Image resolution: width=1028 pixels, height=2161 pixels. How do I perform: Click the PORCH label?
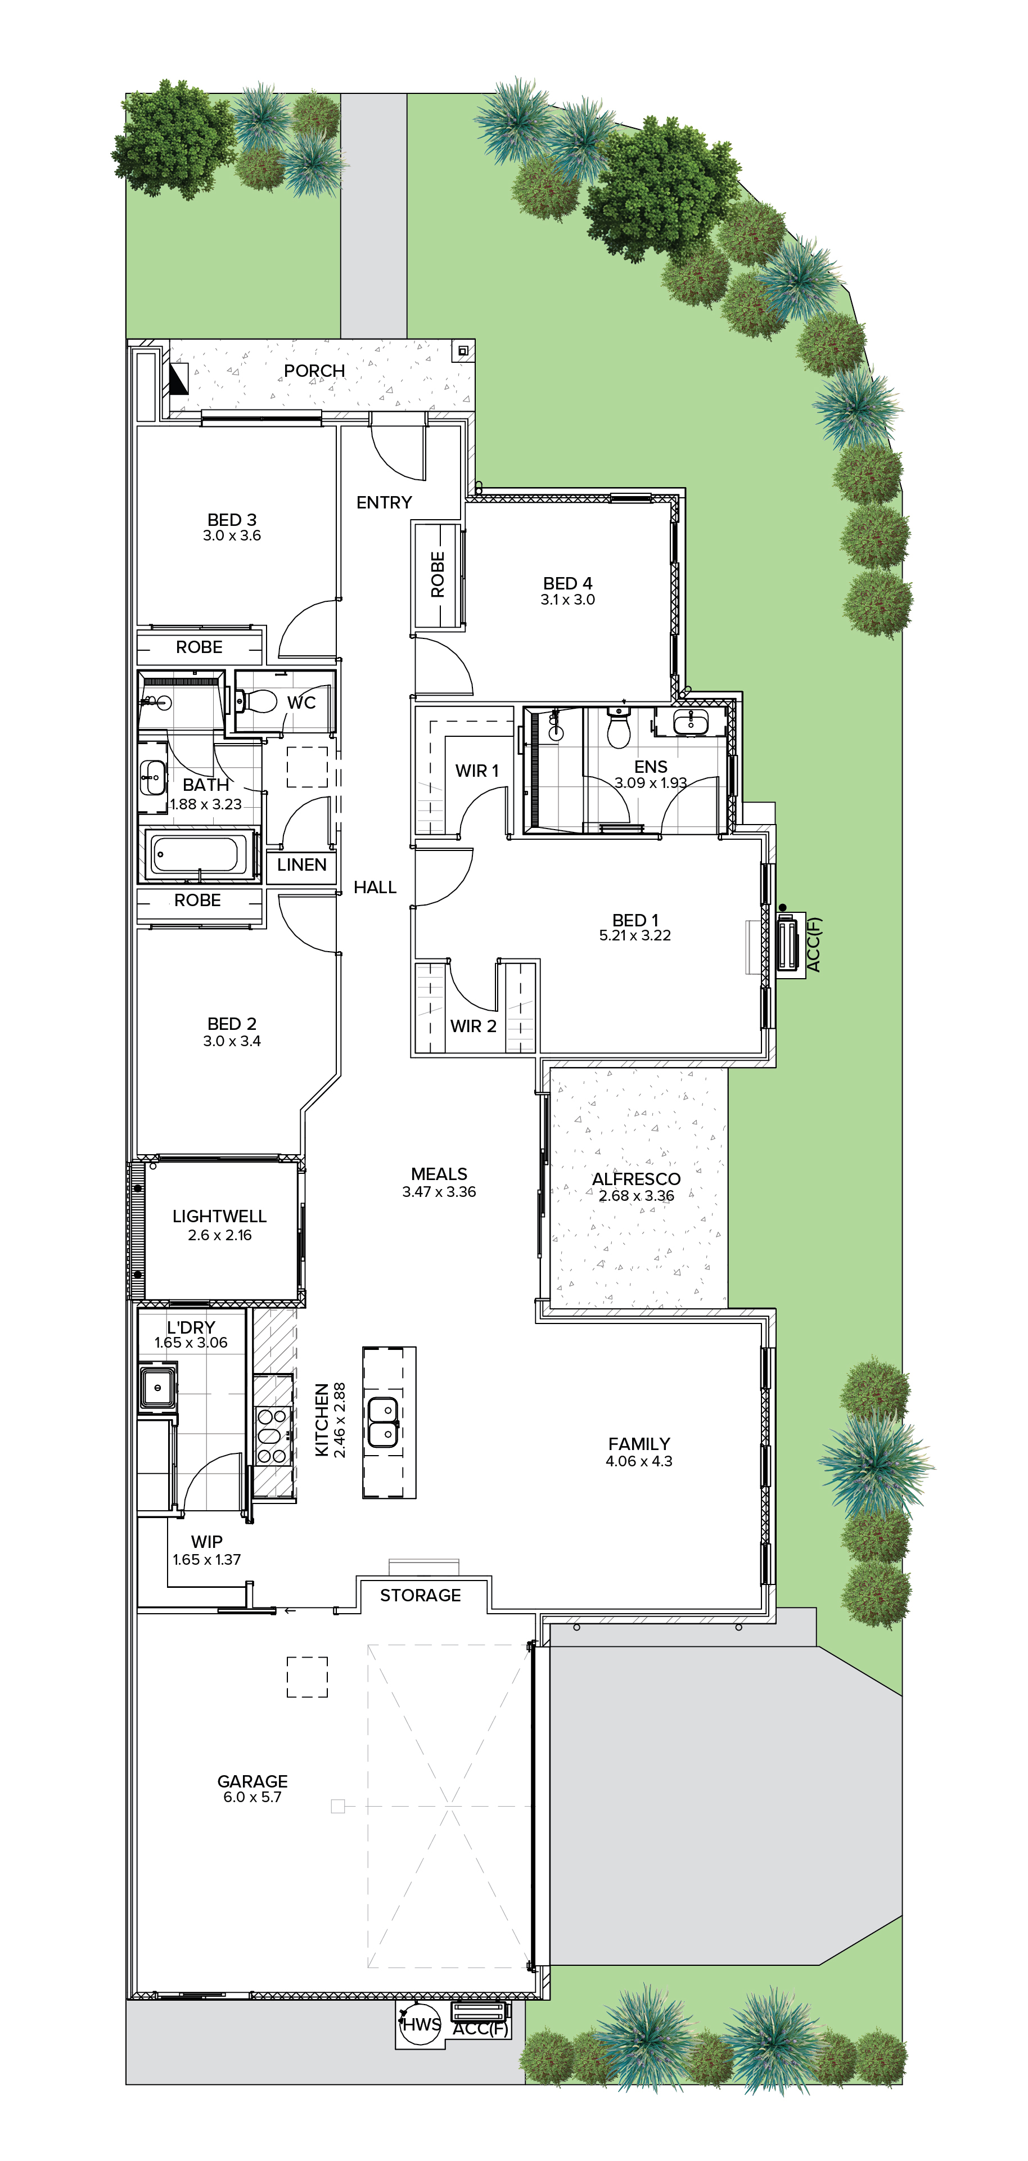314,371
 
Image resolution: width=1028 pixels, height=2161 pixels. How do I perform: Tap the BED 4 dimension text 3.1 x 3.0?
567,600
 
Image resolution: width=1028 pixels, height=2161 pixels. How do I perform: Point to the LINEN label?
302,865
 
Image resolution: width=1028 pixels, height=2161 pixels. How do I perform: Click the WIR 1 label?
477,771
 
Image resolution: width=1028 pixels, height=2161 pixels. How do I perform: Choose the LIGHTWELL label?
220,1217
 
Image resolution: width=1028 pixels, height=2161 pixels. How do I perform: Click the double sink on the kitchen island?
383,1422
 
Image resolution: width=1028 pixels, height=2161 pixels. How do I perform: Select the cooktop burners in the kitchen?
273,1436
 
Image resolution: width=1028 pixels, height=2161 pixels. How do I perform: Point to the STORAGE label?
420,1596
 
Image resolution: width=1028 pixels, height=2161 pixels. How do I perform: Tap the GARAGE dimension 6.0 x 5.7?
253,1797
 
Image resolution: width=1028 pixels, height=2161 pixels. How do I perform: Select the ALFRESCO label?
637,1179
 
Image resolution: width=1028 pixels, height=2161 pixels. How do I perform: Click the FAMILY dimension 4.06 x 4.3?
639,1461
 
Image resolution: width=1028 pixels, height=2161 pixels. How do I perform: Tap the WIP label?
206,1542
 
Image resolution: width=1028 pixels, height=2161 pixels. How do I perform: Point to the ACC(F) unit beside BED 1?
788,944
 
